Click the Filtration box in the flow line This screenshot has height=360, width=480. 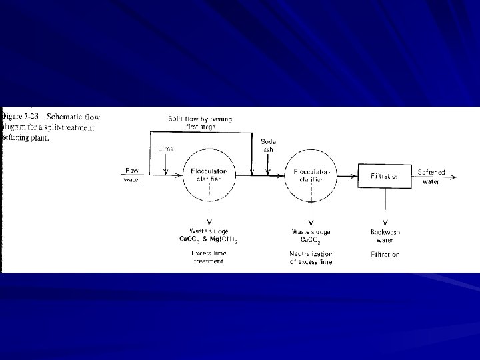[x=384, y=176]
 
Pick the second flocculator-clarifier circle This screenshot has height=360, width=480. [x=311, y=176]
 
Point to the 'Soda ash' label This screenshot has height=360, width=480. [x=267, y=145]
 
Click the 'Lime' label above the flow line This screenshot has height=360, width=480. [x=165, y=149]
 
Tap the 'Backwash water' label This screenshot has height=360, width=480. [x=383, y=235]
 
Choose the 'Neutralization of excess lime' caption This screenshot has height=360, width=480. [x=311, y=257]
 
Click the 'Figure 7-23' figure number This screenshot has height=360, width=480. [x=19, y=114]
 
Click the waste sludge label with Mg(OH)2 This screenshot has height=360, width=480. [x=209, y=235]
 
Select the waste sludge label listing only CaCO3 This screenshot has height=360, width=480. [x=311, y=235]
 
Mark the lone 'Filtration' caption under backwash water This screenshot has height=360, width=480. [x=385, y=254]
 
